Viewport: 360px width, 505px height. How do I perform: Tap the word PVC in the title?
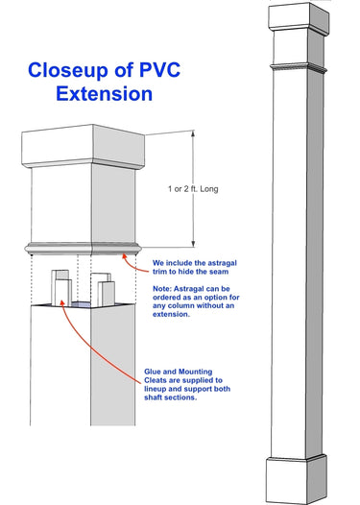[x=159, y=69]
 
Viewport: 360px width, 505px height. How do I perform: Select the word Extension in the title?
[x=104, y=94]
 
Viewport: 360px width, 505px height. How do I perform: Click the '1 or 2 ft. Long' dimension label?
[x=193, y=189]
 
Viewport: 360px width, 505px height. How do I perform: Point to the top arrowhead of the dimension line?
[x=193, y=133]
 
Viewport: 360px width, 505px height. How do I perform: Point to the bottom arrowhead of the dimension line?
[x=193, y=244]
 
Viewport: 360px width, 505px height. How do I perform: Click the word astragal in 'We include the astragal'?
[x=222, y=263]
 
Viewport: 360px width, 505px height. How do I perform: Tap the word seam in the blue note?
[x=219, y=272]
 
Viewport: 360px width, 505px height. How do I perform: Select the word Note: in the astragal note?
[x=162, y=289]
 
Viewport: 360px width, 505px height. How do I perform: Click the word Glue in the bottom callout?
[x=152, y=372]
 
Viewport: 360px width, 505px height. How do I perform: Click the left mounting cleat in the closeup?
[x=61, y=288]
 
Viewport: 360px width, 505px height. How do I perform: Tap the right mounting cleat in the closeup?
[x=103, y=290]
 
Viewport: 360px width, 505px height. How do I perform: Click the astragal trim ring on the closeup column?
[x=84, y=249]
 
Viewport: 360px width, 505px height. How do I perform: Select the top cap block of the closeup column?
[x=84, y=147]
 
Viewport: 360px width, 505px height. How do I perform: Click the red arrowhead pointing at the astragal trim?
[x=124, y=256]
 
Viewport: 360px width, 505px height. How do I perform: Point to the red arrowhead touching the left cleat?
[x=63, y=302]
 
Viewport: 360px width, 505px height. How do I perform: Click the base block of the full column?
[x=297, y=479]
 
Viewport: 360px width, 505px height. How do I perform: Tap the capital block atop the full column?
[x=299, y=18]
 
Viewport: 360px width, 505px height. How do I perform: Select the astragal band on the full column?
[x=299, y=68]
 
